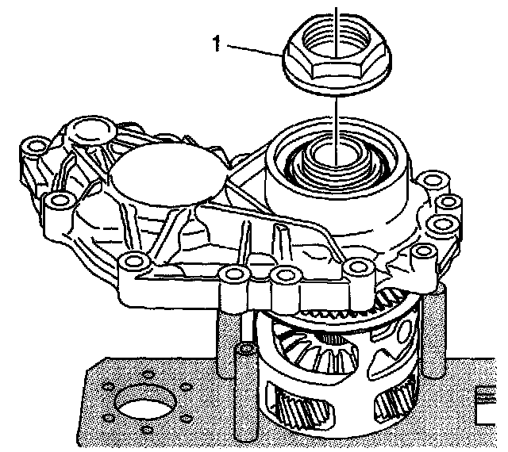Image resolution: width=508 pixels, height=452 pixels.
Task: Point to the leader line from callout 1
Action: point(254,51)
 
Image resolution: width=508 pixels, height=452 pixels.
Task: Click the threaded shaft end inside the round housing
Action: point(337,159)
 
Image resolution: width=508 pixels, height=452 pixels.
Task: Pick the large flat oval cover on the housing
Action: point(168,175)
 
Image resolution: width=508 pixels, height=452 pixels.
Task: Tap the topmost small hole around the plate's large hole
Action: point(148,374)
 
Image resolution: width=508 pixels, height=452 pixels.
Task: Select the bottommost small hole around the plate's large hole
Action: point(147,430)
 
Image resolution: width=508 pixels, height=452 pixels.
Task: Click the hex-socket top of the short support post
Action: point(247,348)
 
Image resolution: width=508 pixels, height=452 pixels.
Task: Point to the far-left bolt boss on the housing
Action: point(36,147)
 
